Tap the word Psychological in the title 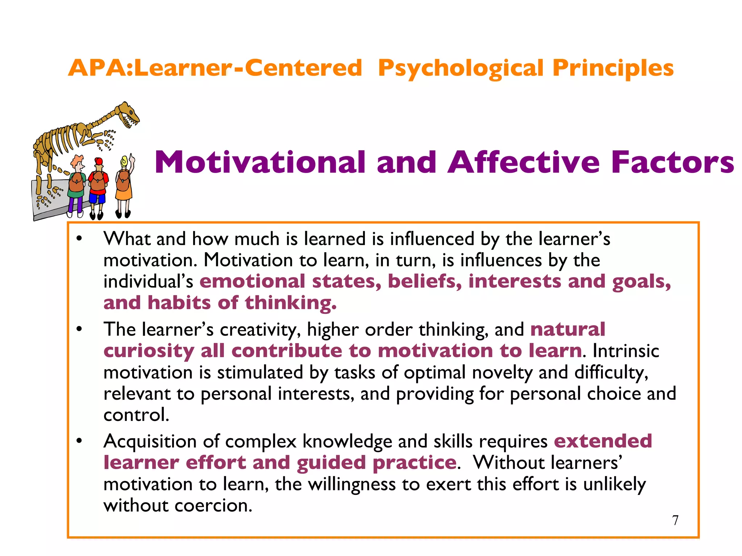point(460,69)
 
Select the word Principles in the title point(613,69)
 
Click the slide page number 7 point(675,520)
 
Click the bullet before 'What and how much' point(79,239)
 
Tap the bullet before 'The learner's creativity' point(79,329)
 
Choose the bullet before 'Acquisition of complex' point(79,441)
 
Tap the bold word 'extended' point(603,441)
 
